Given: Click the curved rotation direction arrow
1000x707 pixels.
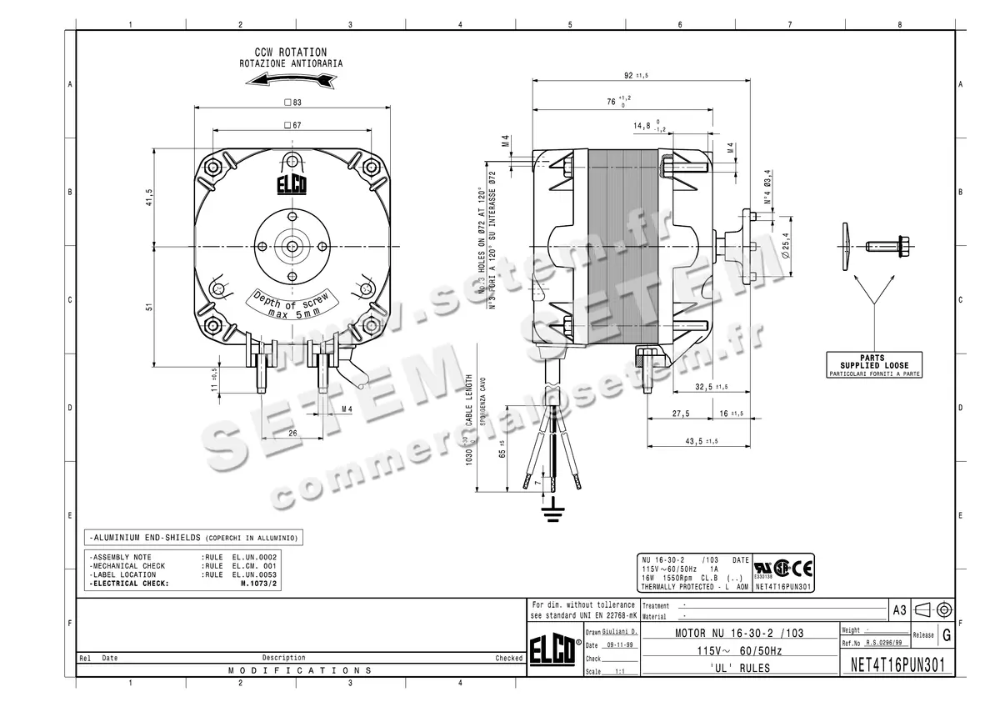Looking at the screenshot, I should tap(291, 79).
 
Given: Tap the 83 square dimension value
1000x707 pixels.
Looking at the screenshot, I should tap(292, 103).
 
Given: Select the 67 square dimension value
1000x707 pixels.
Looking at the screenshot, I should tap(292, 125).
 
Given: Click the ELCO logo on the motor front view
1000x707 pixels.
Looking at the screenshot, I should tap(292, 184).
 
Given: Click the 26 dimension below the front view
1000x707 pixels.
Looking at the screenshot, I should tap(292, 434).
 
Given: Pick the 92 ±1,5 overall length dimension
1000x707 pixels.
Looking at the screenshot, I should tap(636, 76).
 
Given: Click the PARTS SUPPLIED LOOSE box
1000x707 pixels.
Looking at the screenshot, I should tap(874, 365).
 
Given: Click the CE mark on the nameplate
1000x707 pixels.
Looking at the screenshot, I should tap(803, 569).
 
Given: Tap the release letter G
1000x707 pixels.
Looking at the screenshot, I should tap(946, 635).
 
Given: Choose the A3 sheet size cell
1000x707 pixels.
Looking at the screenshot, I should tap(899, 610).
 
